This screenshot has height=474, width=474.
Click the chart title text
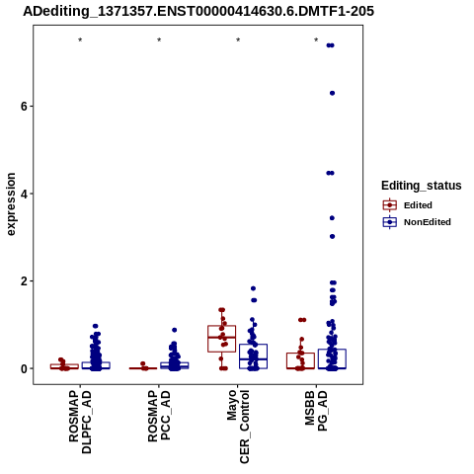click(198, 12)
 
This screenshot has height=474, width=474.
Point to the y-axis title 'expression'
click(11, 204)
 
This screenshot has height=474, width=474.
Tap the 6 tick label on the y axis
click(24, 106)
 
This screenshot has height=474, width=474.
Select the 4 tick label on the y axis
click(24, 194)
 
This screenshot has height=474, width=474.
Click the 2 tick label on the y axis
click(24, 281)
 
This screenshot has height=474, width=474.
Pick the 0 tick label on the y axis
click(24, 368)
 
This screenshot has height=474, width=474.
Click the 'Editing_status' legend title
click(422, 186)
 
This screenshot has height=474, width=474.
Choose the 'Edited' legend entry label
click(418, 205)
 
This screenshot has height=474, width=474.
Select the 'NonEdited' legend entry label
click(428, 222)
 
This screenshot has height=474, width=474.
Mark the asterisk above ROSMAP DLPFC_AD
click(80, 40)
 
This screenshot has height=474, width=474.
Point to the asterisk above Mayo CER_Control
click(238, 40)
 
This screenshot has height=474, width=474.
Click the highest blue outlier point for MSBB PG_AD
click(331, 45)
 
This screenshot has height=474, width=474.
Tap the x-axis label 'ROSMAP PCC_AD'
click(159, 416)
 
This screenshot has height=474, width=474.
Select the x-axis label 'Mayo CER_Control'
click(238, 427)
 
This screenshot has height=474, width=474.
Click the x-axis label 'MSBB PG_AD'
click(316, 411)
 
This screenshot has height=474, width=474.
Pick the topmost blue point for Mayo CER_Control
click(253, 288)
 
